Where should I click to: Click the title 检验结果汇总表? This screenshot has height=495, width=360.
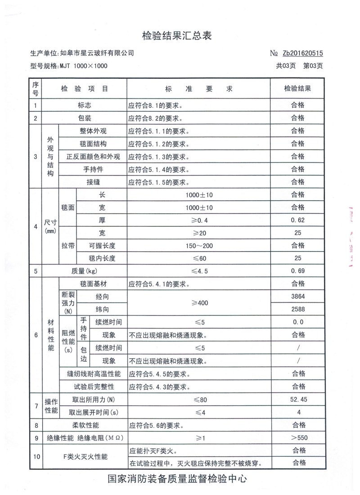click(x=177, y=36)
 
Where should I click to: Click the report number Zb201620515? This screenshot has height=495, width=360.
click(x=303, y=53)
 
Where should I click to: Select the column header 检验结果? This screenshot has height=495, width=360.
click(x=297, y=89)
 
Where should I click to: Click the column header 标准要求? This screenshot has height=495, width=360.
click(x=198, y=89)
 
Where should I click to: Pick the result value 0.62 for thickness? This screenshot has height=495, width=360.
click(x=297, y=220)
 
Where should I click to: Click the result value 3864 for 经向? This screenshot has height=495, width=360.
click(x=297, y=297)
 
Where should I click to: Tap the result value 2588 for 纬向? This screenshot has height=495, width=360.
click(x=297, y=310)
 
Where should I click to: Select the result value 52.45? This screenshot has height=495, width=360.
click(x=297, y=399)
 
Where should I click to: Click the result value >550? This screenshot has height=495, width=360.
click(x=297, y=438)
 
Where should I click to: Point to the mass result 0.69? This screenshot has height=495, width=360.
click(x=297, y=271)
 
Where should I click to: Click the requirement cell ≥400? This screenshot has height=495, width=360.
click(x=198, y=303)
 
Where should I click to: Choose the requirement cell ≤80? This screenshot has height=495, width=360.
click(x=198, y=399)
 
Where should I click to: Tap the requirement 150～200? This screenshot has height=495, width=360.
click(x=198, y=246)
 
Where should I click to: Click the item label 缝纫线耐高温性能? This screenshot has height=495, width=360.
click(x=94, y=373)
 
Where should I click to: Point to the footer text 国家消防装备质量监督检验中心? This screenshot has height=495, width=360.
click(x=177, y=479)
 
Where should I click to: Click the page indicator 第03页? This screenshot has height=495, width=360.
click(x=313, y=66)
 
